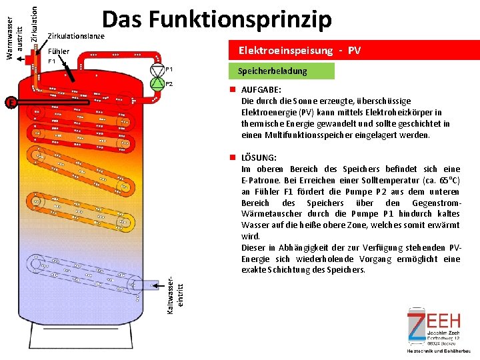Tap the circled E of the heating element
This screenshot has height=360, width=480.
click(x=10, y=102)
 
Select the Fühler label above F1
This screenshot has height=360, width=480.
click(x=59, y=51)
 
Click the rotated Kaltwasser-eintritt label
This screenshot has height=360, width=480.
click(x=175, y=288)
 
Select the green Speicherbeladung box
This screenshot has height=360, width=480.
click(x=273, y=71)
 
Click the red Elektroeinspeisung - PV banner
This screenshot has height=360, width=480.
click(x=299, y=51)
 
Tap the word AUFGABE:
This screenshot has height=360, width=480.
click(x=261, y=90)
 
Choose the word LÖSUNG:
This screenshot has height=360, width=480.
click(x=259, y=158)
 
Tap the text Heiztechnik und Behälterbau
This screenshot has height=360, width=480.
click(x=439, y=351)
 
